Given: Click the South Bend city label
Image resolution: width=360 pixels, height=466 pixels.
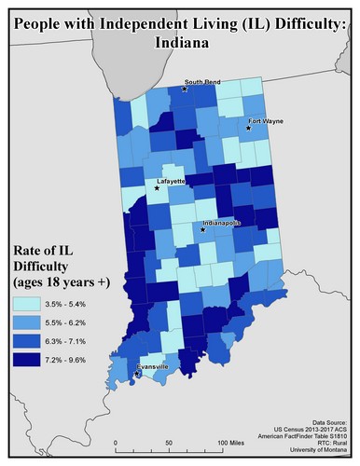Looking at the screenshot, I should (201, 82).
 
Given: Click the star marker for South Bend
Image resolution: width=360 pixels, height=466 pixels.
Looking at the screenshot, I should (185, 89).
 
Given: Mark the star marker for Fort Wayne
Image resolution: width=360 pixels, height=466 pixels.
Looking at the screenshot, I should (248, 130).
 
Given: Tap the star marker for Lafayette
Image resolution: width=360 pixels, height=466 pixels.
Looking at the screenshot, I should (157, 188).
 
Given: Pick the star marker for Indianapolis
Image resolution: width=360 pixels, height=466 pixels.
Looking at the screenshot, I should (201, 228).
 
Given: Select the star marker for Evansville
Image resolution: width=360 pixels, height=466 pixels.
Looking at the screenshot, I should (137, 375).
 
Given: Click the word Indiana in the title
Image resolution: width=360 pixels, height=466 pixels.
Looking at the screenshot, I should (179, 42).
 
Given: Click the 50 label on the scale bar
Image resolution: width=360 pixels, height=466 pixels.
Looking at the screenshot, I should (168, 441).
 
